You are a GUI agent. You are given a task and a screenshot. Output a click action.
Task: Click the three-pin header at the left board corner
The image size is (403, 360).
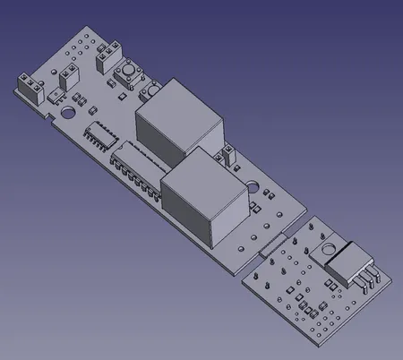click(30, 88)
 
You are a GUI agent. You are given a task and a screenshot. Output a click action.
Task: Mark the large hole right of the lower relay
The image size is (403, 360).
click(254, 189)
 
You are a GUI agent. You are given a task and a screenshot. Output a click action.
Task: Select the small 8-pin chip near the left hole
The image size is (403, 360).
click(97, 135)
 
